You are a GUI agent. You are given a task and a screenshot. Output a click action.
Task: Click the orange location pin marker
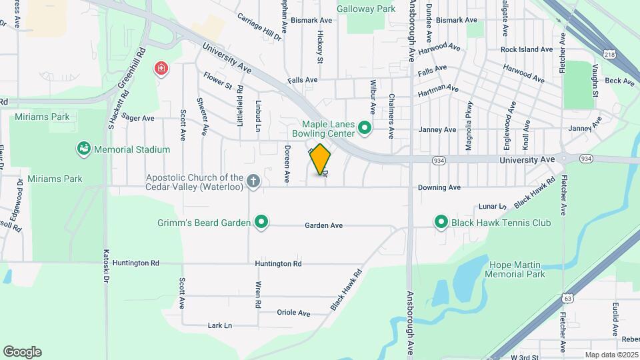[321, 160]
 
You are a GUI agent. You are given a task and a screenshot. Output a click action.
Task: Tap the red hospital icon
[160, 69]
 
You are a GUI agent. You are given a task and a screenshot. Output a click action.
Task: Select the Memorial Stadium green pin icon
[83, 149]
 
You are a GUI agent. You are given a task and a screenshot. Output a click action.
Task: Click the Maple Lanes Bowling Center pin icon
[365, 127]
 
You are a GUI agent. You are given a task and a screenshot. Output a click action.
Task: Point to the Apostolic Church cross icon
[253, 181]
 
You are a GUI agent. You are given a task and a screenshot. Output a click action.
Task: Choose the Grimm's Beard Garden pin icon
[262, 223]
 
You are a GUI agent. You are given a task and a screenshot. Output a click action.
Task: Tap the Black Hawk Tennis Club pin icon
[441, 223]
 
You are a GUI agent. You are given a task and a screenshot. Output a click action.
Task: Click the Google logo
[22, 352]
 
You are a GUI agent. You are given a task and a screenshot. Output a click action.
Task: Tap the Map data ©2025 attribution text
[611, 355]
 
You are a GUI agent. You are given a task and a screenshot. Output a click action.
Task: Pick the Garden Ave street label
[324, 226]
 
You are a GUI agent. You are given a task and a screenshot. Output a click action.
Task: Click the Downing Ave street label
[439, 188]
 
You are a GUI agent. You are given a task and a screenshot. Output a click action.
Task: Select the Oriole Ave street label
[294, 313]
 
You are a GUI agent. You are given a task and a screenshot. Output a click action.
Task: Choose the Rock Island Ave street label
[527, 49]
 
